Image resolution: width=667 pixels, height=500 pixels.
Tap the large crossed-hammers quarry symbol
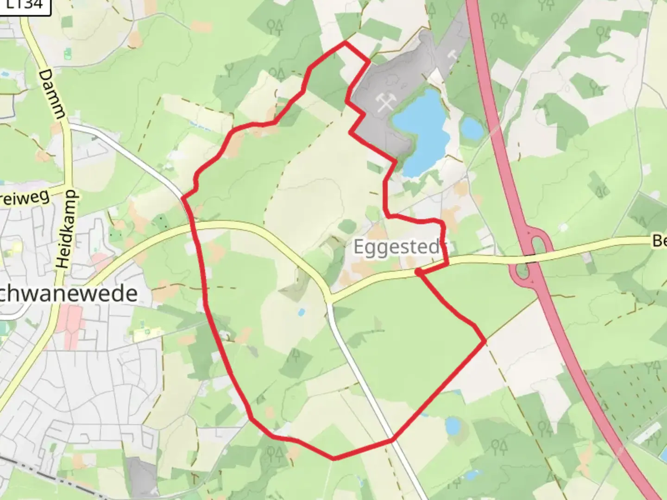click(x=385, y=102)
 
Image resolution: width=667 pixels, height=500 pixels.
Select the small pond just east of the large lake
click(x=472, y=128)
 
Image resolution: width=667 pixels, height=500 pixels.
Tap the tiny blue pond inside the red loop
click(x=302, y=312)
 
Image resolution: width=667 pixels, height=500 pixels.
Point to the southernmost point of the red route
click(x=334, y=459)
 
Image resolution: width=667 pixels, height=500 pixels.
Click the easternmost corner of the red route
click(x=485, y=341)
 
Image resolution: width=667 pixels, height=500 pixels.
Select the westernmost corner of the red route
click(x=183, y=198)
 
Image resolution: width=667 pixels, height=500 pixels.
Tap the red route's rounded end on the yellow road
click(x=418, y=272)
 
